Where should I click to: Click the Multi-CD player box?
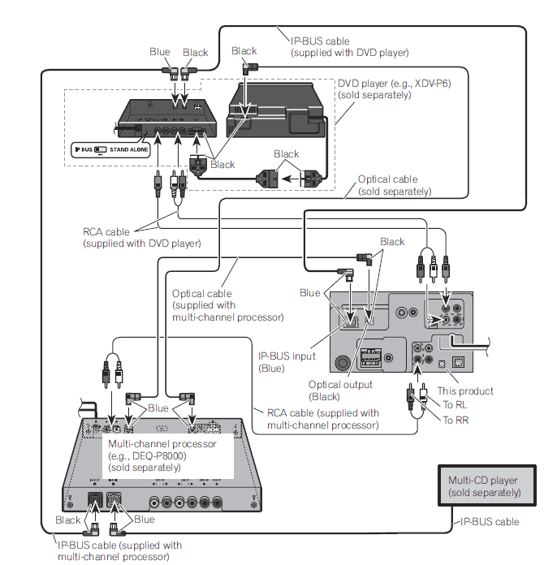(485, 486)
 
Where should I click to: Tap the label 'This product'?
(466, 391)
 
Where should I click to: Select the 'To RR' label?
(455, 420)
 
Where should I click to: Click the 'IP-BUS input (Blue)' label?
(286, 362)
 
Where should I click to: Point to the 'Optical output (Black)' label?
(340, 390)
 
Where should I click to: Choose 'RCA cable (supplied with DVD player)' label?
(141, 237)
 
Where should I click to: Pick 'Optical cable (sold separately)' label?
(395, 185)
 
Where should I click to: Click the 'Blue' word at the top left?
(160, 52)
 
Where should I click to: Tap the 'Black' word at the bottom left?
(68, 520)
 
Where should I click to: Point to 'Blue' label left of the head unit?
(310, 292)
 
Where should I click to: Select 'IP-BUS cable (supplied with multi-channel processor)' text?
(119, 550)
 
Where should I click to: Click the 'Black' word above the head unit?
(392, 242)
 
